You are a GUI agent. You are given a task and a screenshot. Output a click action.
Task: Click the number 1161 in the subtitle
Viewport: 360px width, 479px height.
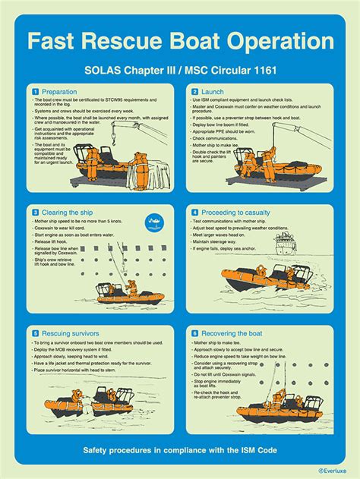(x=255, y=71)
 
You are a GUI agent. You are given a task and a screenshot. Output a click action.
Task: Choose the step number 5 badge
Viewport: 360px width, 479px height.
(x=36, y=332)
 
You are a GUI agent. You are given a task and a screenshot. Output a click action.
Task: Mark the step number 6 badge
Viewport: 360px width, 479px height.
(x=194, y=332)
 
